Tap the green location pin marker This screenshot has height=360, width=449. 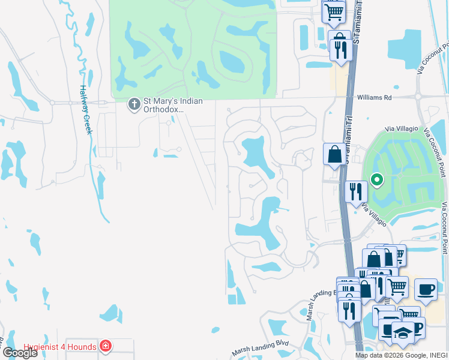377,179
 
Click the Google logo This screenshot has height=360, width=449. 20,353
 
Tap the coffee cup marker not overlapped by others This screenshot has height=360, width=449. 426,289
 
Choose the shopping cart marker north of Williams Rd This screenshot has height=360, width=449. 334,11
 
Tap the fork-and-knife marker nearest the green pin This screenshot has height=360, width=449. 356,192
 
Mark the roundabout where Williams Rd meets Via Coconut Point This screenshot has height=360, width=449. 418,97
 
